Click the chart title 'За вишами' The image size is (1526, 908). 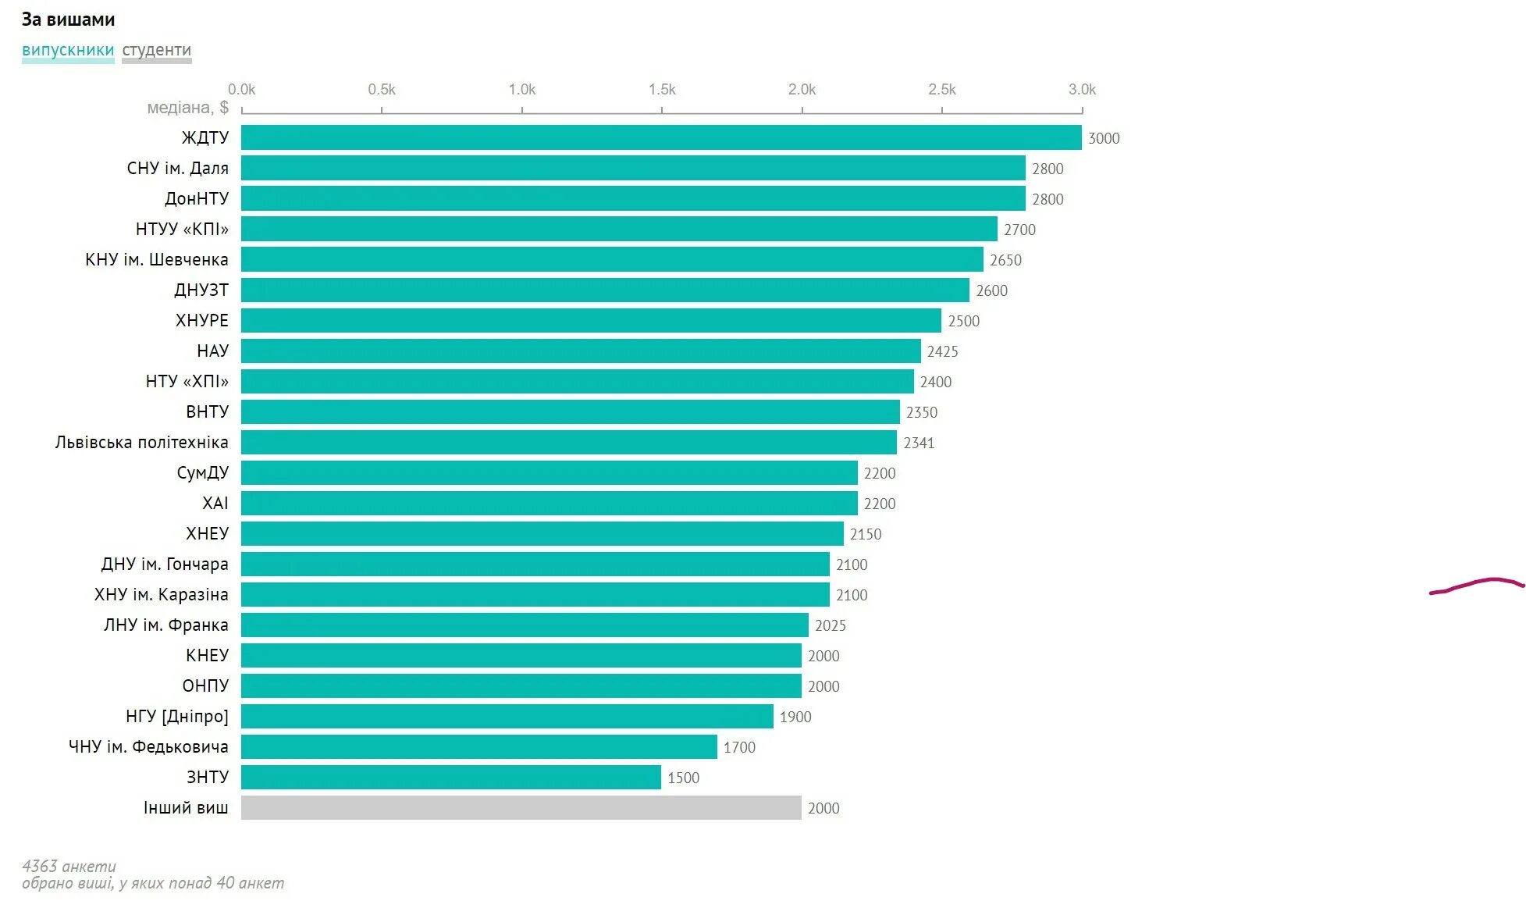[x=68, y=20]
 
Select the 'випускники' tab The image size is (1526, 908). [x=68, y=51]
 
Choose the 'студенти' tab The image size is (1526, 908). [x=156, y=51]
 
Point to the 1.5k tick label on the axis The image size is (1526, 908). [x=662, y=90]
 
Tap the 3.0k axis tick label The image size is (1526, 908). [x=1082, y=90]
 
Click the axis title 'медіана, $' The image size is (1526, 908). [x=187, y=108]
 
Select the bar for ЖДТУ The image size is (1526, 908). [x=661, y=137]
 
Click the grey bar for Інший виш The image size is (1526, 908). [x=521, y=808]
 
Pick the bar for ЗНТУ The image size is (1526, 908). [x=450, y=778]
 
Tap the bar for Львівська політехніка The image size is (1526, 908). [x=568, y=443]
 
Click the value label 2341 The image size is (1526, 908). [x=919, y=443]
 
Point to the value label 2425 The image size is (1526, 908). [x=942, y=352]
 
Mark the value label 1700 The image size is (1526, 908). [x=739, y=748]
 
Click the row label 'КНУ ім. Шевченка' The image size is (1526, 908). [x=156, y=260]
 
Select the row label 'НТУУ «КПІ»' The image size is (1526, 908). [x=182, y=230]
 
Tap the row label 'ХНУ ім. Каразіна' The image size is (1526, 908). [x=161, y=595]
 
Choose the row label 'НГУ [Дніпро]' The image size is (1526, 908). [x=176, y=717]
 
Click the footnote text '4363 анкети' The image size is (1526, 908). [x=69, y=867]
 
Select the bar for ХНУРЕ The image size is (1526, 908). [x=591, y=321]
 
